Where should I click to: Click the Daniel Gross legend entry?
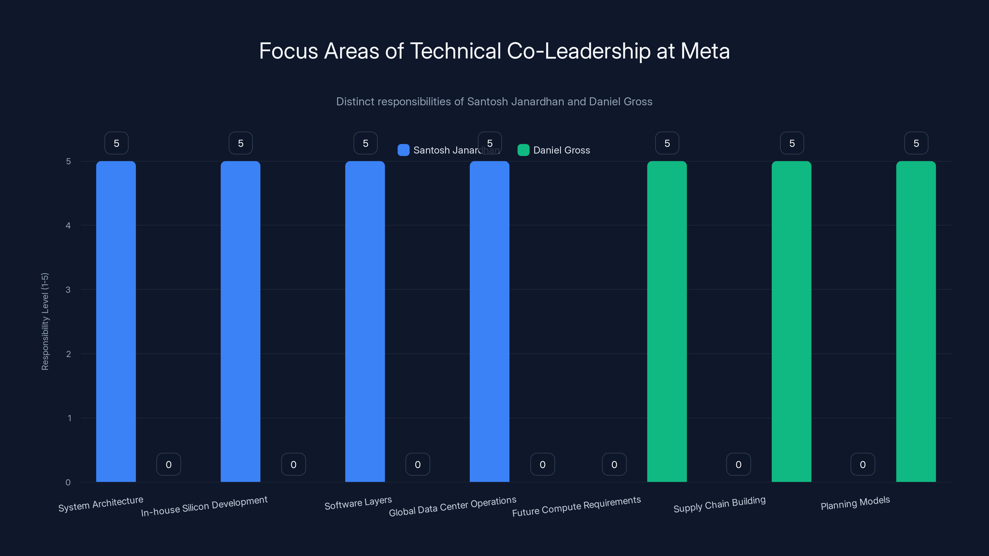(561, 150)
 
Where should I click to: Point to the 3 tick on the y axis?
(68, 290)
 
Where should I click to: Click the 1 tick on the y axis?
(69, 418)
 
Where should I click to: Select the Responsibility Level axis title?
(45, 322)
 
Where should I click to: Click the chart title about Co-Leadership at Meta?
(494, 51)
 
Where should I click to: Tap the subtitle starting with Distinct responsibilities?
(494, 102)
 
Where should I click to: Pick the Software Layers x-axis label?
(358, 503)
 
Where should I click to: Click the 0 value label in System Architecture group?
(168, 465)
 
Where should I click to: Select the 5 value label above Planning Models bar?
(916, 143)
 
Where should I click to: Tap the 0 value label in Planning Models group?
(863, 465)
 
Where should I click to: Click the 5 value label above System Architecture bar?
(116, 143)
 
